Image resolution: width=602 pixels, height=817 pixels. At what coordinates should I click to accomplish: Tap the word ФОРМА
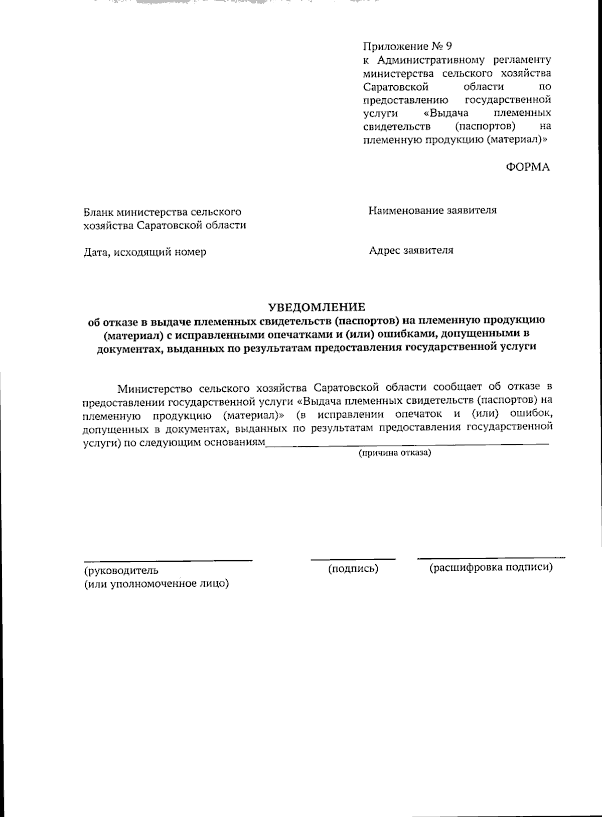527,168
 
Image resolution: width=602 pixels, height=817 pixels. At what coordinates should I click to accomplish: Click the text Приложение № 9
407,47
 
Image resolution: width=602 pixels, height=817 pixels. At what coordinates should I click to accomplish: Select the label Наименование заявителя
432,210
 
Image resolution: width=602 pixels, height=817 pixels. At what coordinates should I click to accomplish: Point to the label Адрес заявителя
411,250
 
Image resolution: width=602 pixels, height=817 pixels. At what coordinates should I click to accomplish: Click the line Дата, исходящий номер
144,252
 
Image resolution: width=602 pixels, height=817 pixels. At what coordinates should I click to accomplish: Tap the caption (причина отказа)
394,453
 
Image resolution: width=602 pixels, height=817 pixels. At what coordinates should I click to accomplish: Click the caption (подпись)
353,569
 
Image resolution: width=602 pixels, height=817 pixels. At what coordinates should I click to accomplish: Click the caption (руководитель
121,570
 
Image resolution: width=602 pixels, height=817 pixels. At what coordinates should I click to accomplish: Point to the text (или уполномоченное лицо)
156,584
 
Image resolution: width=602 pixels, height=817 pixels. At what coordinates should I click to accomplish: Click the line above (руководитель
168,560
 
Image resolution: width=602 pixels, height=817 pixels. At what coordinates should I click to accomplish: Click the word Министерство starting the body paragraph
155,388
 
